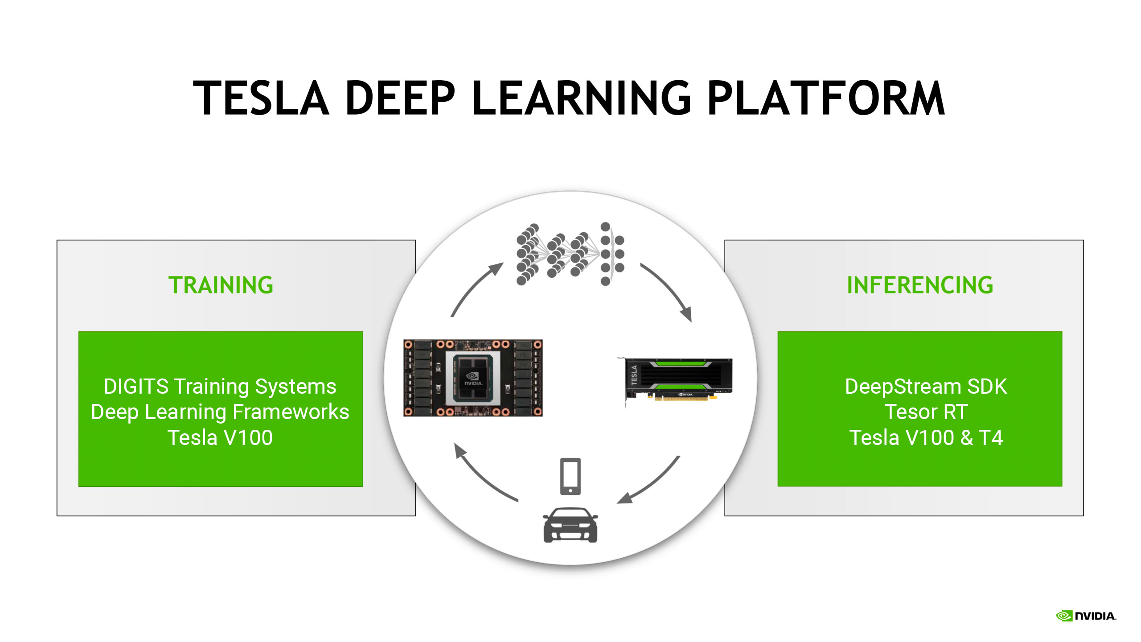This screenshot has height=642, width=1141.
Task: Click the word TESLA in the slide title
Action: (x=261, y=98)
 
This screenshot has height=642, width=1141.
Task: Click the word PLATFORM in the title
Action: (x=825, y=98)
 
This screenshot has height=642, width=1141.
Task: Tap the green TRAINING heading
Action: (x=221, y=285)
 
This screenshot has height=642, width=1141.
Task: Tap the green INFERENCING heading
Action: (x=920, y=285)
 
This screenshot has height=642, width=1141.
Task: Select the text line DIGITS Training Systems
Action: (x=220, y=387)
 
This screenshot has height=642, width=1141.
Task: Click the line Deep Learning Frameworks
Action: (x=220, y=412)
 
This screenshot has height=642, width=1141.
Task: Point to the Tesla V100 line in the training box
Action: (x=220, y=438)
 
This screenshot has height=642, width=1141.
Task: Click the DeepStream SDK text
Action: (x=926, y=387)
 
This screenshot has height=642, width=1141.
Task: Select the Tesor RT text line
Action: (x=926, y=412)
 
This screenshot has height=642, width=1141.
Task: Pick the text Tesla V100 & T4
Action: (x=926, y=438)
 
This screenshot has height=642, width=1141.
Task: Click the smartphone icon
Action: (x=570, y=476)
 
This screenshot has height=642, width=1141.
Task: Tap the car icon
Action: (x=570, y=525)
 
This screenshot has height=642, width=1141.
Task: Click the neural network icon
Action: (x=570, y=254)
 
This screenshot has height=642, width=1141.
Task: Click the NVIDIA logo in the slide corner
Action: (x=1086, y=616)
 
